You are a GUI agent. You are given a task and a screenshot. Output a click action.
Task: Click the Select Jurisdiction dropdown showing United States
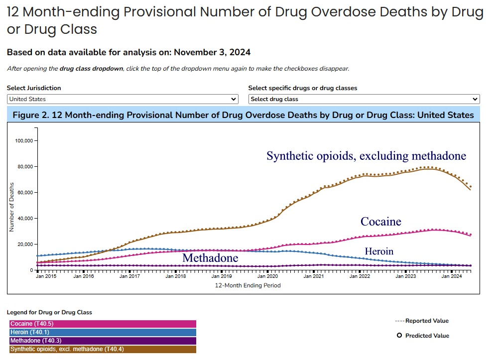coord(122,99)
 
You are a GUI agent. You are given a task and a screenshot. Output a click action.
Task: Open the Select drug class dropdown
coord(364,99)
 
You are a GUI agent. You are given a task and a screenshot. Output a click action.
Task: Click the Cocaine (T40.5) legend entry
coord(103,324)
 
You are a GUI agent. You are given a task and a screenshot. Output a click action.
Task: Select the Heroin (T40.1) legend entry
coord(103,332)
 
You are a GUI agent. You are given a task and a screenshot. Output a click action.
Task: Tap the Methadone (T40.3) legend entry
coord(103,341)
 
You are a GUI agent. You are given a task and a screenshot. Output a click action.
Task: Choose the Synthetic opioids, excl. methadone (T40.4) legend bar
coord(103,349)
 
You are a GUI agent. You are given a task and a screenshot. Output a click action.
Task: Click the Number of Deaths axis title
coord(11,207)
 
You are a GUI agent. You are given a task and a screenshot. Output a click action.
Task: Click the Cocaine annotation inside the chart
coord(381,222)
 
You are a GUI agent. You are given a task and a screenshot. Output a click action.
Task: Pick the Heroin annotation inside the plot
coord(379,251)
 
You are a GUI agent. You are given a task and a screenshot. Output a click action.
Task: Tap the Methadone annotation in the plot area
coord(210,258)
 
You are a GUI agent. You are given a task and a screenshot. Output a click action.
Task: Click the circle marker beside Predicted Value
coord(399,336)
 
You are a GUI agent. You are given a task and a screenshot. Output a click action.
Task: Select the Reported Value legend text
coord(427,321)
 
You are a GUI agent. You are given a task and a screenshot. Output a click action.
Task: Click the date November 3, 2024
coord(212,52)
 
